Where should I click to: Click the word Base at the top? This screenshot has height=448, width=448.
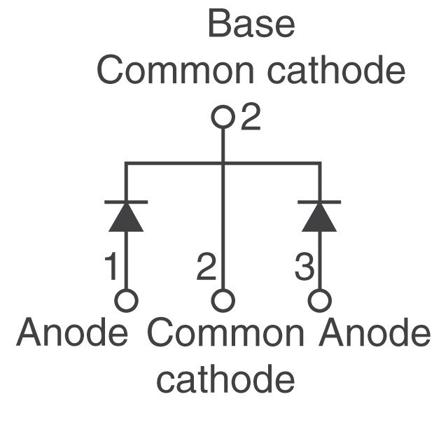click(251, 24)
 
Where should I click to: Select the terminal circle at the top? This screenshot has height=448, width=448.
click(223, 117)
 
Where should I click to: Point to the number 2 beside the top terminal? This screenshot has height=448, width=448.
click(251, 118)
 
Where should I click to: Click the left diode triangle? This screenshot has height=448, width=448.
click(126, 218)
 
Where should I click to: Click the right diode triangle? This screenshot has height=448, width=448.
click(319, 218)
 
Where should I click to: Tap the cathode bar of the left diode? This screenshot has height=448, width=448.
click(126, 202)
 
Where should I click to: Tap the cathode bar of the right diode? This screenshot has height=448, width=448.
click(319, 202)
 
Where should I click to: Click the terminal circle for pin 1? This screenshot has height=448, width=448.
click(126, 301)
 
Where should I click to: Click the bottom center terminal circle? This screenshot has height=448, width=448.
click(223, 301)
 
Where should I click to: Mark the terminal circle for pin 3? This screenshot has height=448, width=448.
click(320, 301)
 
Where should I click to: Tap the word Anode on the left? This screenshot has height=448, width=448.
click(72, 334)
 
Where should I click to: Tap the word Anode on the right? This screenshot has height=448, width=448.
click(374, 334)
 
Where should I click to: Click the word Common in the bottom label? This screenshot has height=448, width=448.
click(225, 334)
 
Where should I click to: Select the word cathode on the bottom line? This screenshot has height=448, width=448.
click(225, 379)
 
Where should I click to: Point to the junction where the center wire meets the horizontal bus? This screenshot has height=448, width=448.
click(223, 164)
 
